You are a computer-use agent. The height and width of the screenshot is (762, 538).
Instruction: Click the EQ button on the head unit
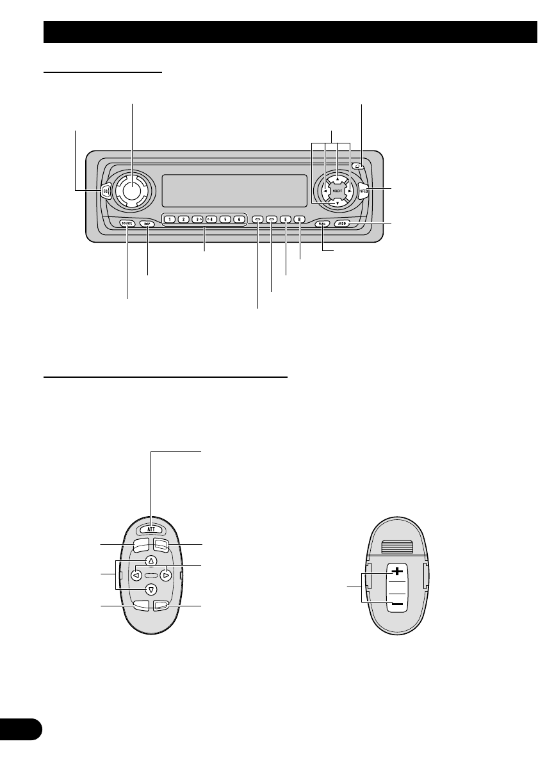[105, 190]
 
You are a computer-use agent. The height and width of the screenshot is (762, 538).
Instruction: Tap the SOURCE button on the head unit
[126, 223]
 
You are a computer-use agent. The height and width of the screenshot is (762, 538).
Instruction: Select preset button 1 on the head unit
[169, 219]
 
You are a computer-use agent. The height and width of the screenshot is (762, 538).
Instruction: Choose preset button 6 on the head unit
[238, 219]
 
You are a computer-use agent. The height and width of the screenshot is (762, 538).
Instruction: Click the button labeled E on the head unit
[285, 219]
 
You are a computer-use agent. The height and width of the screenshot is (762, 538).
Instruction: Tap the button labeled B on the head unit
[299, 219]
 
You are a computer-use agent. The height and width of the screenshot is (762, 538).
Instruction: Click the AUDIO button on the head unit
[343, 223]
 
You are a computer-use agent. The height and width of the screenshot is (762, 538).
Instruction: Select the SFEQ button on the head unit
[364, 190]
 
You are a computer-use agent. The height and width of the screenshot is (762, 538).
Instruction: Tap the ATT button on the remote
[151, 530]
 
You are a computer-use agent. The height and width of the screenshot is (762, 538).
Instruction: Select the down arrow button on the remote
[151, 590]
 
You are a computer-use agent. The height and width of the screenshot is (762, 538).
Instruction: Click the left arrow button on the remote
[136, 575]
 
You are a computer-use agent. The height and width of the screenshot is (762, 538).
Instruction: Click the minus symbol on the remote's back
[397, 604]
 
